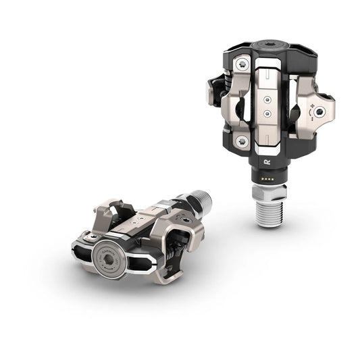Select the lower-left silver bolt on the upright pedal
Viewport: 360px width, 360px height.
pos(240,141)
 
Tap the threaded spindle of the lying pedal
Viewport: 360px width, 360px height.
pos(201,200)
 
